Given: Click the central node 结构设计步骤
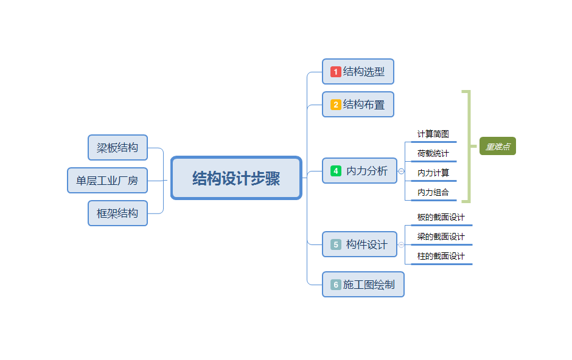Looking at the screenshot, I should tap(236, 178).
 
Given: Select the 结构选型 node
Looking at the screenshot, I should tap(358, 72).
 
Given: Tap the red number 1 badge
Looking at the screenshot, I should tap(336, 72).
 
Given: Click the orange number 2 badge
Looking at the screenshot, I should tap(336, 105).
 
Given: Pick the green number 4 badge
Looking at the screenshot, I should tap(336, 171).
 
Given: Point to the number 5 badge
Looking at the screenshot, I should tap(336, 244).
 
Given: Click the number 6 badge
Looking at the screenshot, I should tap(336, 285).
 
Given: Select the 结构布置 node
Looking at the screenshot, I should tap(358, 105).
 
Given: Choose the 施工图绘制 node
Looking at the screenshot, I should tap(363, 285).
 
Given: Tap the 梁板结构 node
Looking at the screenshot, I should tap(117, 148).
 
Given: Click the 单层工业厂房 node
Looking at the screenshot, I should tap(107, 181).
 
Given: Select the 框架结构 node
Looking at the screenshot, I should tap(117, 213).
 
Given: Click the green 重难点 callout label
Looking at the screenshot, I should tap(497, 147).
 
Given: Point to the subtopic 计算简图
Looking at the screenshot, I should tap(433, 134).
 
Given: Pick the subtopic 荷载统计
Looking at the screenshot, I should tap(433, 154).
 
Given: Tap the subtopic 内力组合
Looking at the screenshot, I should tap(433, 193).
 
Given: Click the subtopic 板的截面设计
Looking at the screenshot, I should tap(441, 218).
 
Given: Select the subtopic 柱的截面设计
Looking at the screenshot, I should tap(441, 257).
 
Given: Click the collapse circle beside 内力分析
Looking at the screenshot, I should tap(401, 171).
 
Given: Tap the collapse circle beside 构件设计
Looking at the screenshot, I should tap(401, 244).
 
